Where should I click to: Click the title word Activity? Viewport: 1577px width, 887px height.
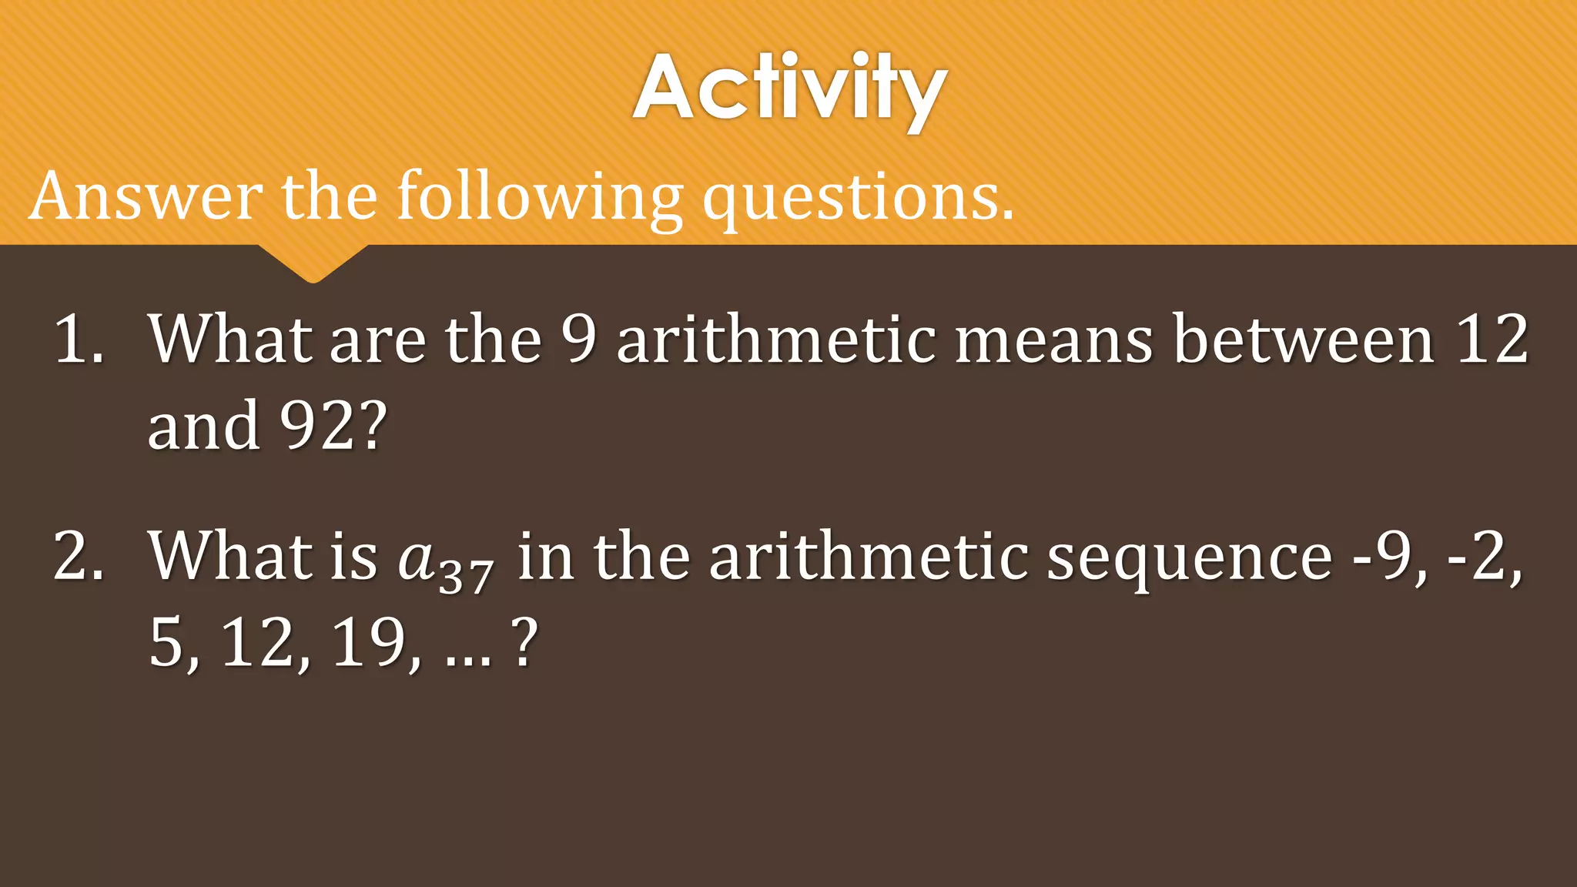pos(789,89)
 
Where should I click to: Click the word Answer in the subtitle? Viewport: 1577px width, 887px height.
pos(146,196)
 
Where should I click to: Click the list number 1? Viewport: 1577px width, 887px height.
pos(77,340)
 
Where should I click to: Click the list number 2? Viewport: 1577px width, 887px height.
pos(77,556)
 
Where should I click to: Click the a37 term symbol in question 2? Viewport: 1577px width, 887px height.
pos(445,561)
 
